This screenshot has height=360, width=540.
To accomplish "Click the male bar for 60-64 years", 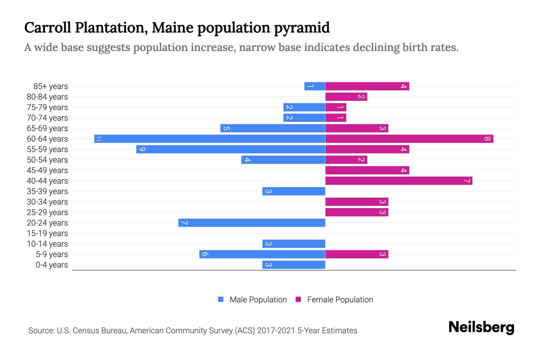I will tap(210, 139).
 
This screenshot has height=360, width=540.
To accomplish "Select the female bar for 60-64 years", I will tap(409, 139).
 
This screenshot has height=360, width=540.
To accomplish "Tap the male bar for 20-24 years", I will tap(252, 223).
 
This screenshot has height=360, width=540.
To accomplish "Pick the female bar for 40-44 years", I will tap(399, 181).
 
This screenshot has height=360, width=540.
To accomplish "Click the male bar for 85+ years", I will tap(315, 86).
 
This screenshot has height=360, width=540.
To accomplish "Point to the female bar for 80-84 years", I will tap(346, 97).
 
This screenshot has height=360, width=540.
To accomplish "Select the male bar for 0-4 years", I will tap(294, 265).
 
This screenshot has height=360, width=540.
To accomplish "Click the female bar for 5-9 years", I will tap(357, 254).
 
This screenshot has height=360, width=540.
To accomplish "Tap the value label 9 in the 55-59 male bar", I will tap(142, 149).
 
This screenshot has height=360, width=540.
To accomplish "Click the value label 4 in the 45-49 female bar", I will tap(403, 170).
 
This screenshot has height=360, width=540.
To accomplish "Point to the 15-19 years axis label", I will tap(47, 233).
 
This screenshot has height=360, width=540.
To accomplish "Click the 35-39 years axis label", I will tap(47, 191).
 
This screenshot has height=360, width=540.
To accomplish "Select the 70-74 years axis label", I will tap(47, 118).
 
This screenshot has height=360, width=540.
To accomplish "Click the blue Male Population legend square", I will tap(221, 299).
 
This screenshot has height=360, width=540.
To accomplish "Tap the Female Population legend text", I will tap(340, 300).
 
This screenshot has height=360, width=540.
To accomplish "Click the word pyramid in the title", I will tap(302, 28).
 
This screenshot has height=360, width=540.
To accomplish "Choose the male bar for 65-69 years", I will tap(273, 128).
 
